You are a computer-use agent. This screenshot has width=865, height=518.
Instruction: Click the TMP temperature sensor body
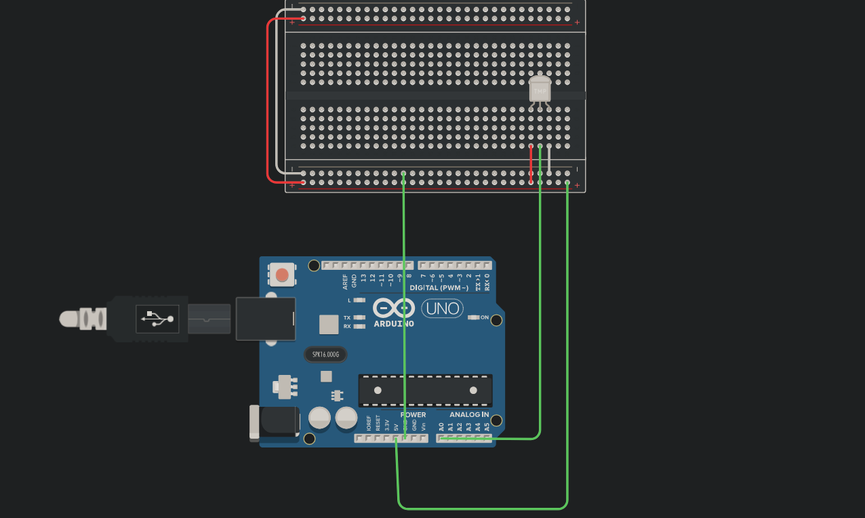[540, 89]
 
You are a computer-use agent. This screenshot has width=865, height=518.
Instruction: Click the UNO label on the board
[443, 309]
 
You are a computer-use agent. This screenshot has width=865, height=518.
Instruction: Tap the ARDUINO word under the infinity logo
[393, 323]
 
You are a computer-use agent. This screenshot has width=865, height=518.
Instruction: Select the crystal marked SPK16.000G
[325, 354]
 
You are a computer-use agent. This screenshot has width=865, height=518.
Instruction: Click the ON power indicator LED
[475, 317]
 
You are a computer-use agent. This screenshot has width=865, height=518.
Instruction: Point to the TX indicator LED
[360, 317]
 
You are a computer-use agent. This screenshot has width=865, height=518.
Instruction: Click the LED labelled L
[360, 300]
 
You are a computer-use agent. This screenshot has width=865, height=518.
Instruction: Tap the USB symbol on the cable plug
[157, 319]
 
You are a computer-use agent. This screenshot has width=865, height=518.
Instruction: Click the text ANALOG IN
[469, 414]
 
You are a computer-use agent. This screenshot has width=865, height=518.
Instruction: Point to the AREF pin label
[345, 279]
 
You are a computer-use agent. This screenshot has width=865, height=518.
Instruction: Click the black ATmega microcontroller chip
[425, 390]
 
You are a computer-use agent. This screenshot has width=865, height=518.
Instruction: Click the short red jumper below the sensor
[531, 164]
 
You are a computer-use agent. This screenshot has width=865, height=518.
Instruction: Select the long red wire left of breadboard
[268, 102]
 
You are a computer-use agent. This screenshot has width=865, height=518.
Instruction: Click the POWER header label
[413, 414]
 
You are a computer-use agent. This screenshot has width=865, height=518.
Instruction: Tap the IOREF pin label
[369, 424]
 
